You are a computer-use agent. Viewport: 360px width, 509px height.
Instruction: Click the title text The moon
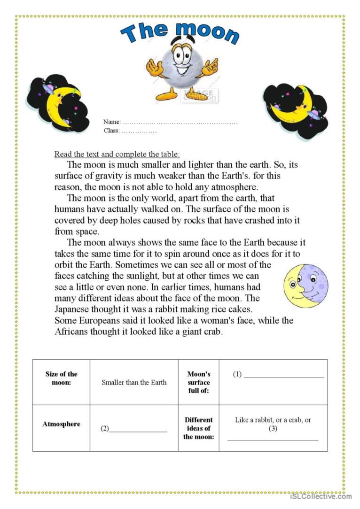coord(180,33)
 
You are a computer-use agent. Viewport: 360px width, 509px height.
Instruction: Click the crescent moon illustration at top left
coord(58,104)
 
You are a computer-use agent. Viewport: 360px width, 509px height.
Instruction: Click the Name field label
coord(112,122)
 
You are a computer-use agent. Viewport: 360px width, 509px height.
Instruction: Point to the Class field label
coord(112,131)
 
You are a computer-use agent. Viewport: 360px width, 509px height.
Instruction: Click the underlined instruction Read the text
coord(117,154)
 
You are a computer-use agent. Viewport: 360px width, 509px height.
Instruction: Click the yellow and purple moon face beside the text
coord(306,285)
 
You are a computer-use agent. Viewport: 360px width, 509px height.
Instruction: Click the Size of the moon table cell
coord(61,378)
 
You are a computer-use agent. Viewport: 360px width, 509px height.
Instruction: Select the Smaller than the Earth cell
coord(134,382)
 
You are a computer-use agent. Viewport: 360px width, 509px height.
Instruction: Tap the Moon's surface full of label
coord(199,382)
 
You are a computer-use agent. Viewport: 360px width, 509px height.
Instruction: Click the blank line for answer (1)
coord(284,377)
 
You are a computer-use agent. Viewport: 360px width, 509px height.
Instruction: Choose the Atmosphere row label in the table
coord(61,424)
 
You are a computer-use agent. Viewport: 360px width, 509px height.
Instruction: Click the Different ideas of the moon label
coord(198,428)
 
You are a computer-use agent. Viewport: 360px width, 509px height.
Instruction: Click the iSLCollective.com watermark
coord(321,496)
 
